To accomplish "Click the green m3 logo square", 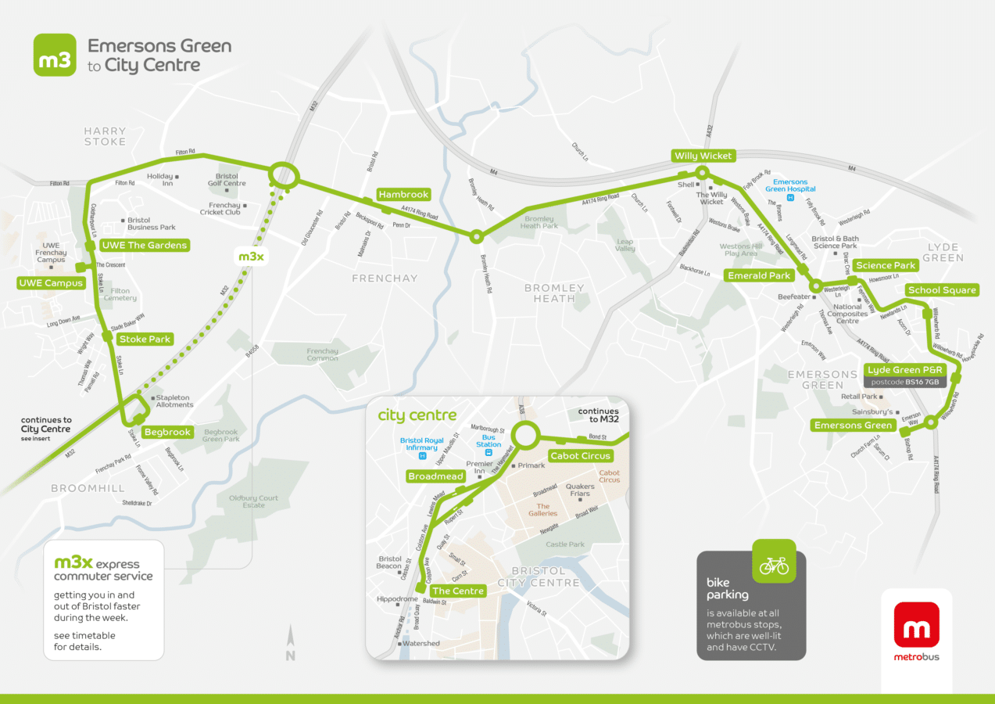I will click(x=55, y=56).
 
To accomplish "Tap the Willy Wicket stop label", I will click(x=703, y=156).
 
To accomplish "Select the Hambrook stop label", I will click(x=403, y=194).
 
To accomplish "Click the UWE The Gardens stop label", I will click(x=144, y=246).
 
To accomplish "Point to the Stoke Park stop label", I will click(x=145, y=339).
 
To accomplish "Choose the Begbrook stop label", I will click(x=168, y=432).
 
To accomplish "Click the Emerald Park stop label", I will click(x=759, y=275).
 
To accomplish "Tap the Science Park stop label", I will click(x=885, y=265).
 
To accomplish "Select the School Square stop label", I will click(x=942, y=290).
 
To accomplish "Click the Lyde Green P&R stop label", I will click(x=905, y=369).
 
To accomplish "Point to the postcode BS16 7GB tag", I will click(x=904, y=382).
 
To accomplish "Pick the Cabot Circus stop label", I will click(x=579, y=456).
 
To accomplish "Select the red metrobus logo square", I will click(x=917, y=625).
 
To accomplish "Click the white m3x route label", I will click(x=251, y=257).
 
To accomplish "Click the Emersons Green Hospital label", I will click(x=789, y=185).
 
